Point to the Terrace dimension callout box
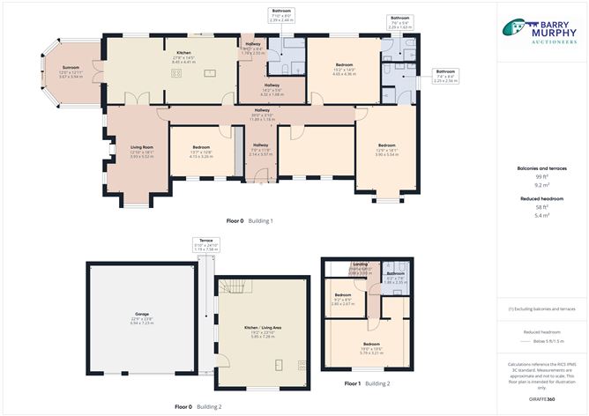205,246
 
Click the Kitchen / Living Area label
263,331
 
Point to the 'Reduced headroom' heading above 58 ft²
541,199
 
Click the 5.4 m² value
541,215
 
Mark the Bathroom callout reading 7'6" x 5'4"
399,22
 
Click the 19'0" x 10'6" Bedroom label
370,346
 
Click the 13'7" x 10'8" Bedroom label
201,150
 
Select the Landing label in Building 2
360,266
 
